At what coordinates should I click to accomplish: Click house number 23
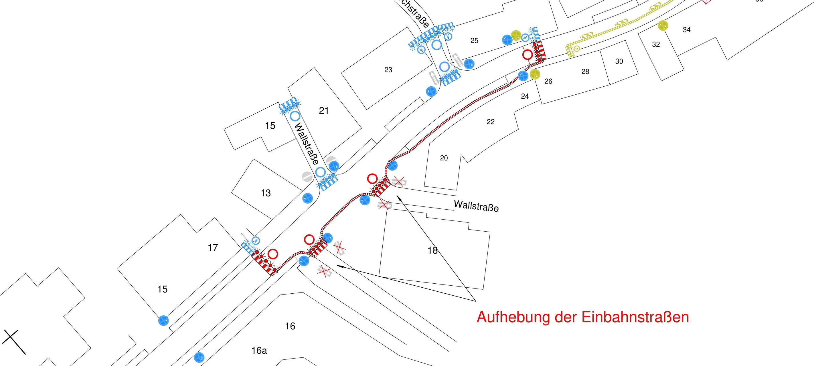click(x=388, y=70)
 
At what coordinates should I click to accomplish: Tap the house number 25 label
click(x=474, y=40)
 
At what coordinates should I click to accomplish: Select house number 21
click(x=324, y=111)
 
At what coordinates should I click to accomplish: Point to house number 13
click(x=266, y=193)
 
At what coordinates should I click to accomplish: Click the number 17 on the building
click(x=213, y=247)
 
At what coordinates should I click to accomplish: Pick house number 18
click(x=432, y=250)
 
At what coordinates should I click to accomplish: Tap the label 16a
click(x=259, y=351)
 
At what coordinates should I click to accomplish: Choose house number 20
click(x=444, y=158)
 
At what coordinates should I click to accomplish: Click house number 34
click(x=686, y=30)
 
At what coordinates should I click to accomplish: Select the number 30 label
click(x=619, y=61)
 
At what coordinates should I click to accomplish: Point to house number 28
click(x=585, y=72)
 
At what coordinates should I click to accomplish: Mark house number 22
click(x=490, y=122)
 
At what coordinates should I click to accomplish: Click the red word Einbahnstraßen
click(x=635, y=317)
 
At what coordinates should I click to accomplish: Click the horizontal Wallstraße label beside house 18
click(x=476, y=206)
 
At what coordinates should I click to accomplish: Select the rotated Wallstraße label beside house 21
click(x=306, y=144)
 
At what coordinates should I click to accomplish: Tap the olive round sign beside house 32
click(x=663, y=25)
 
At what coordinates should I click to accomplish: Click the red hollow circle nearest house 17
click(x=273, y=254)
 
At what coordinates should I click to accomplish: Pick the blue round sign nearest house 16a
click(x=199, y=357)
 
